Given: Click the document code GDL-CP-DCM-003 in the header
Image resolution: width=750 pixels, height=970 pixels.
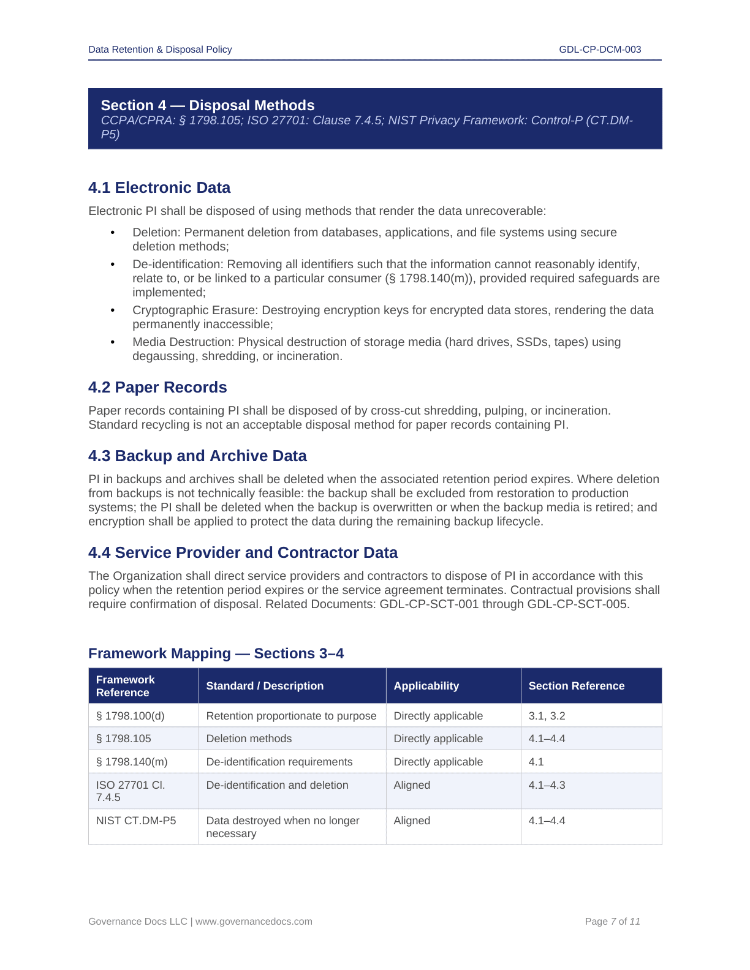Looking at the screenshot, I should [x=600, y=50].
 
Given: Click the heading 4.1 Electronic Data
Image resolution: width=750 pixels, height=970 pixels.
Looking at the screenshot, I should [x=159, y=188].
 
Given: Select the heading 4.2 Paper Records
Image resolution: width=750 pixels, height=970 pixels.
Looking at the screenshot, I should [x=157, y=388].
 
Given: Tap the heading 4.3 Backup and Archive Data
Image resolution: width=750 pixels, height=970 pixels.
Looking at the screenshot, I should [x=197, y=456].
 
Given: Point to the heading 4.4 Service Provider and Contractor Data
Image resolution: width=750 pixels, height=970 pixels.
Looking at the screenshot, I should [x=243, y=553].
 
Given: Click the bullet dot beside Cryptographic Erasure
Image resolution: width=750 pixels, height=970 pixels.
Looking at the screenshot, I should [x=113, y=310].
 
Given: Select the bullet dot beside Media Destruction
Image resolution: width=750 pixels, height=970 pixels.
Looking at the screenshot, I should [x=113, y=342].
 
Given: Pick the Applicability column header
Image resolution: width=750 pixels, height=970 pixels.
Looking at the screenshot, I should [x=426, y=686].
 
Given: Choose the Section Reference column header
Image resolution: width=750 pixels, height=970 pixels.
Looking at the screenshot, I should [x=576, y=686].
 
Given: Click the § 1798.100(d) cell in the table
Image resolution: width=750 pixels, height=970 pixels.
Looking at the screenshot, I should [x=131, y=716].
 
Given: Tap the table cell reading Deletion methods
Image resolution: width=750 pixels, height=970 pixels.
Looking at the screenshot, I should [x=249, y=739].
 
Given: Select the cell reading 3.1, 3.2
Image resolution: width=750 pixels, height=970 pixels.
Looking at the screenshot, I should [x=547, y=716].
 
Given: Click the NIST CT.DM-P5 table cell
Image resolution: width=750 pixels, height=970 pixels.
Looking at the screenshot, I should [x=136, y=821].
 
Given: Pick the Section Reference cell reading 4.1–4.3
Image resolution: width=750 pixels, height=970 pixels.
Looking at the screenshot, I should [x=547, y=785].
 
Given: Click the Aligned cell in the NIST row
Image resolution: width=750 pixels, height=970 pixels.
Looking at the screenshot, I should [x=412, y=821].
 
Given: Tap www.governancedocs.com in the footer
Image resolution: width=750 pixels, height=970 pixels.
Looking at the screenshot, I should [x=254, y=922].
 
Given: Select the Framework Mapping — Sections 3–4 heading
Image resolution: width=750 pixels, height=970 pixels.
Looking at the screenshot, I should [x=216, y=654].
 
